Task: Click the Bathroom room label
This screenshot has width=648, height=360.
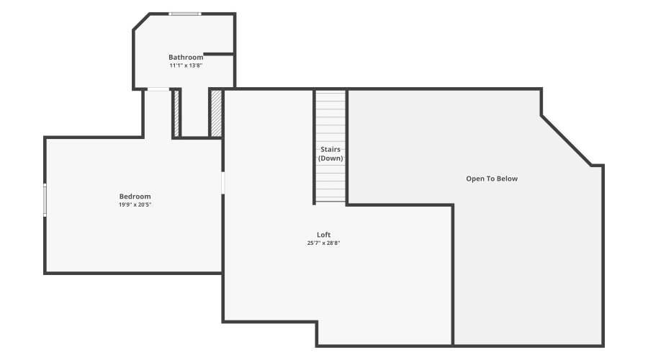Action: [186, 57]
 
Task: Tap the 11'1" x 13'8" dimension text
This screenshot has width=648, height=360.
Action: [186, 66]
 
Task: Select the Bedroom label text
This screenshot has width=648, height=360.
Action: [135, 197]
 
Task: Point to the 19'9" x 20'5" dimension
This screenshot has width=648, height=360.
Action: [135, 204]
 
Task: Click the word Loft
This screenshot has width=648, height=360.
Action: [323, 235]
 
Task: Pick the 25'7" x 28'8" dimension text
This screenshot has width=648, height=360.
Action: [323, 243]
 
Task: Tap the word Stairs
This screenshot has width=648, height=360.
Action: [330, 150]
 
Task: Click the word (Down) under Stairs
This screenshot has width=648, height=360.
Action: [330, 158]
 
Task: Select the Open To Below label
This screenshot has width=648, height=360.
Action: [492, 179]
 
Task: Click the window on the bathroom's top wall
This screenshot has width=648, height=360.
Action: [185, 14]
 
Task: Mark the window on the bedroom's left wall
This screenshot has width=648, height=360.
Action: [45, 199]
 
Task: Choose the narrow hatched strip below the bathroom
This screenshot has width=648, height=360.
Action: [175, 112]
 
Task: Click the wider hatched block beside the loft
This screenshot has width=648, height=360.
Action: [215, 112]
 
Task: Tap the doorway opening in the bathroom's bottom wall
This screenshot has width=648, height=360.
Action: [158, 89]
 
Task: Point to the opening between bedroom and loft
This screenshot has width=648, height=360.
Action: [222, 182]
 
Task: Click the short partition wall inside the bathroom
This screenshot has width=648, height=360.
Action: [219, 54]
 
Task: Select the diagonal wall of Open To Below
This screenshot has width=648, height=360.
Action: [567, 140]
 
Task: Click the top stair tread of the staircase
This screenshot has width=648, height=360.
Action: [330, 95]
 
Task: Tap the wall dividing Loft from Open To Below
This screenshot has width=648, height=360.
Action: [453, 274]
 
